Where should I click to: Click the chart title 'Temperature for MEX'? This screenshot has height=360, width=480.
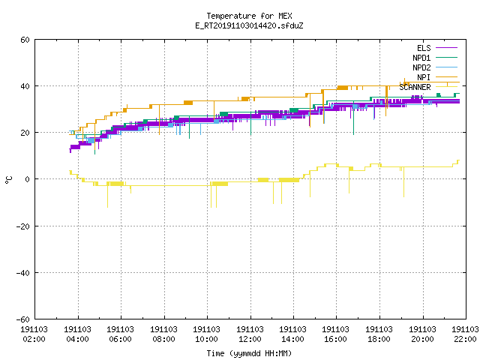(x=249, y=16)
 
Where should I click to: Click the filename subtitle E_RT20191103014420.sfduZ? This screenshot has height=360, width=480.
(x=249, y=25)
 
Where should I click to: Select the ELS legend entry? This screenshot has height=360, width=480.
(x=436, y=48)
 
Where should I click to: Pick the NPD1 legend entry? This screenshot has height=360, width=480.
(x=435, y=58)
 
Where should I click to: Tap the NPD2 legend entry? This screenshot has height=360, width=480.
(x=435, y=67)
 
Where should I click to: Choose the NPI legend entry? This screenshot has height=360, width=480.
(x=436, y=77)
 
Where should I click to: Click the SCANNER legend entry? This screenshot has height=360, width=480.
(x=428, y=87)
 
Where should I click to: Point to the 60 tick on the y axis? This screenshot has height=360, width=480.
(x=25, y=40)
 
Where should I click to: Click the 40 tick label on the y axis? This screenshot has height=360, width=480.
(x=25, y=86)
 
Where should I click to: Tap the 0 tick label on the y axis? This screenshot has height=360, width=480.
(x=27, y=179)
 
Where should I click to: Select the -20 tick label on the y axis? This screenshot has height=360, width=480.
(x=23, y=226)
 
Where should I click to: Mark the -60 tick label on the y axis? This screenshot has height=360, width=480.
(x=23, y=319)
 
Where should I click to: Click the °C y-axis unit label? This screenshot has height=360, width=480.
(x=8, y=180)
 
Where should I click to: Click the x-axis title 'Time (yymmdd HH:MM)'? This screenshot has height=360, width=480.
(x=249, y=353)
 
